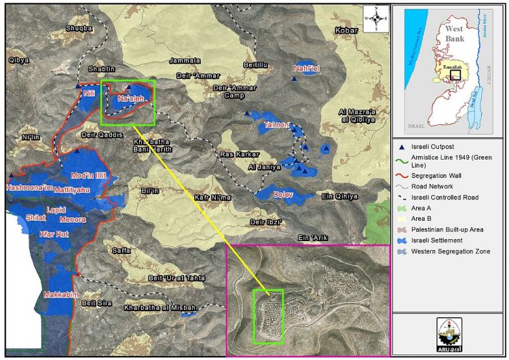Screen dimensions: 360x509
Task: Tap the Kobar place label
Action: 346,31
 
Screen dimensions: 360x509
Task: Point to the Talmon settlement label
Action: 277,125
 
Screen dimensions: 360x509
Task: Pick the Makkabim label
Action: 59,295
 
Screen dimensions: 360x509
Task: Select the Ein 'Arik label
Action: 312,237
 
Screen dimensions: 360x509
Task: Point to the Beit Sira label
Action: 96,303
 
